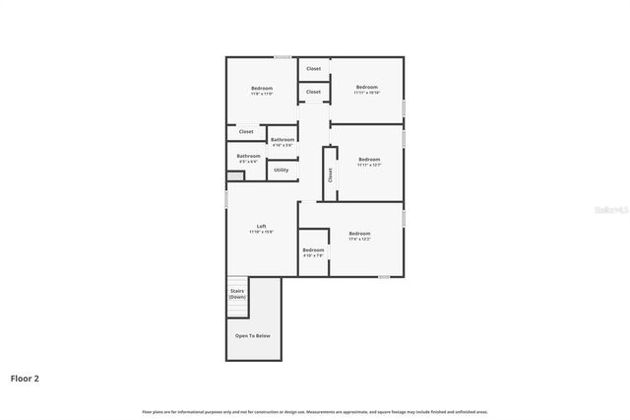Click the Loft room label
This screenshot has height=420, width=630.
(x=262, y=226)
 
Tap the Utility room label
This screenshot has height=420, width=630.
(x=282, y=170)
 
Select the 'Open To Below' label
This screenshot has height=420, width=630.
(x=252, y=335)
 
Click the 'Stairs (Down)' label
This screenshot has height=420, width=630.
(x=237, y=293)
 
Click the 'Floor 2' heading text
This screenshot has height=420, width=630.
(x=25, y=378)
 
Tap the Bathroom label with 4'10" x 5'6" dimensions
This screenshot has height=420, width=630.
(x=283, y=140)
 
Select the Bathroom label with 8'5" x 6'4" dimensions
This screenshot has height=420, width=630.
(x=248, y=156)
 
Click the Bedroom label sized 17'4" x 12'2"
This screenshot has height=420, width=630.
(x=359, y=234)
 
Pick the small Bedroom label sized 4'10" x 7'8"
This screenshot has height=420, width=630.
(x=313, y=250)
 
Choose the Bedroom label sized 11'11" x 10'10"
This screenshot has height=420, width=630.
(x=367, y=87)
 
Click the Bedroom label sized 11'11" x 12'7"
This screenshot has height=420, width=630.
(x=369, y=160)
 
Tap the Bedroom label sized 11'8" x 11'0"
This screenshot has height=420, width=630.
(x=261, y=89)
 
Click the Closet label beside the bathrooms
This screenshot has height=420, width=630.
(x=246, y=131)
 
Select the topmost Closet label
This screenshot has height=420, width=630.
(x=313, y=69)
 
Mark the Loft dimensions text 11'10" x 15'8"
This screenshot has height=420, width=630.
(x=262, y=232)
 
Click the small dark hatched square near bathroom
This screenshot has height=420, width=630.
(x=235, y=176)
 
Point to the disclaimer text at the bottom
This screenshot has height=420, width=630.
(x=315, y=411)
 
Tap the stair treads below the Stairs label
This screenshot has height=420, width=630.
(x=237, y=311)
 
